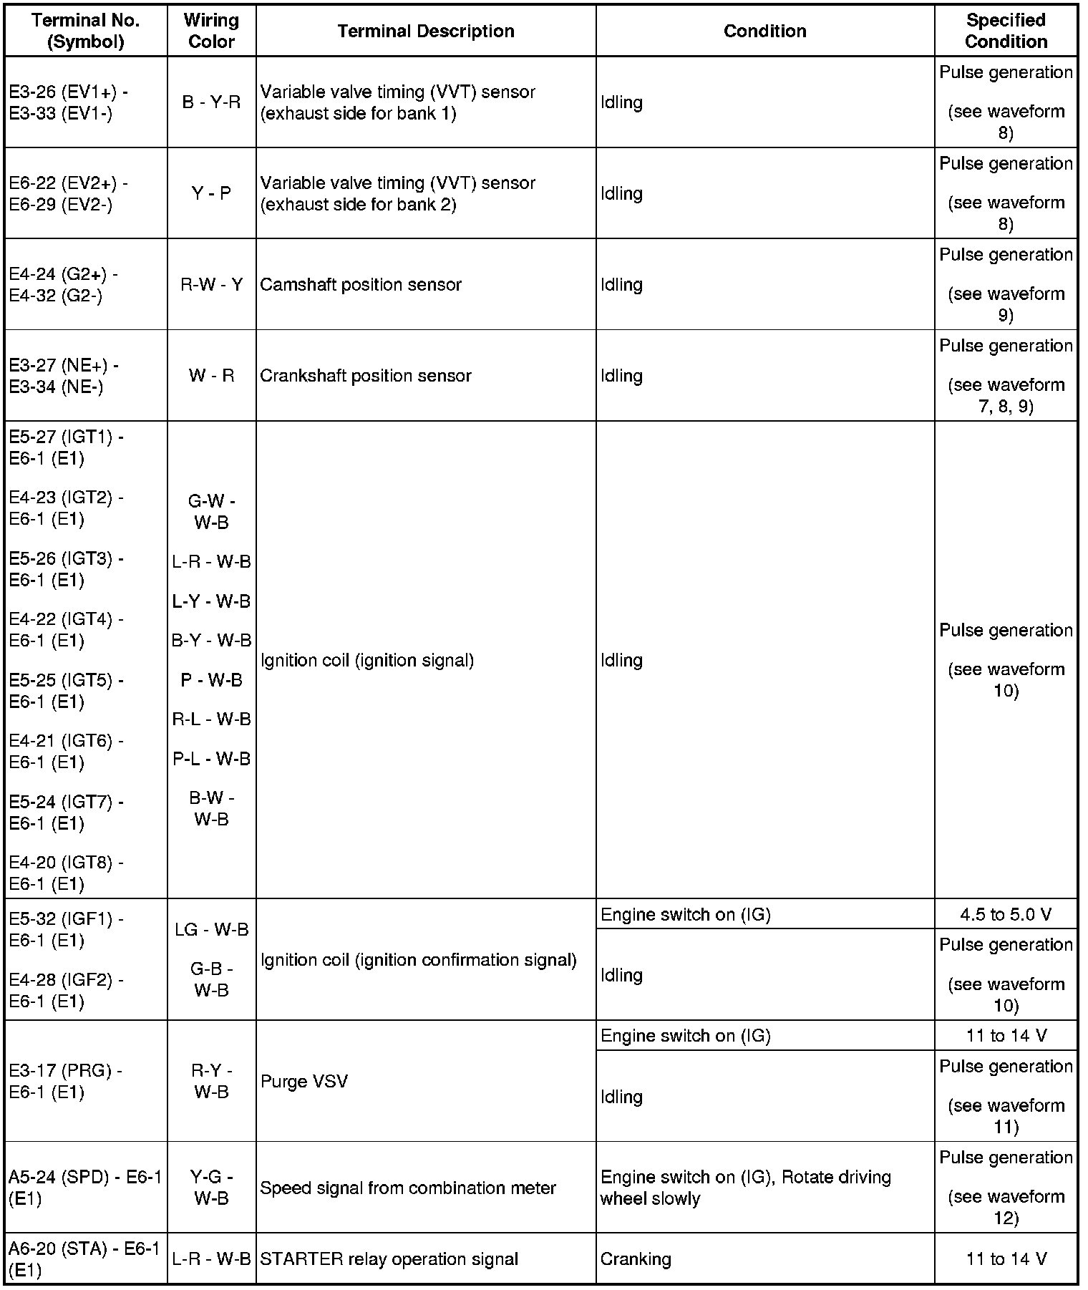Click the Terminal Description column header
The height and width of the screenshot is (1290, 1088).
425,31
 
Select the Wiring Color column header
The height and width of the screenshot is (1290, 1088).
211,31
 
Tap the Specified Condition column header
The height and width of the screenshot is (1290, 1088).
1005,31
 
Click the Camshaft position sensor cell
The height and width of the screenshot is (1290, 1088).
361,285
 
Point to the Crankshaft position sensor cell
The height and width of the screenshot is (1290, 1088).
366,376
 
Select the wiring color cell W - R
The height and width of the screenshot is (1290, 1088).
211,376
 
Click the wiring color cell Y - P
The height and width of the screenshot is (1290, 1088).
211,193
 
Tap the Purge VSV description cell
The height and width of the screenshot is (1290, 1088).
304,1081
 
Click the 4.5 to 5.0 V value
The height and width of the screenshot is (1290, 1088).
1005,914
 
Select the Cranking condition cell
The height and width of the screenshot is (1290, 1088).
636,1259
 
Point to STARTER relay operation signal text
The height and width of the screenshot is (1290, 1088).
389,1259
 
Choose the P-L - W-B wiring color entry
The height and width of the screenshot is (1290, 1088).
211,758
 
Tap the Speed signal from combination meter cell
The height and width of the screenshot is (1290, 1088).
408,1188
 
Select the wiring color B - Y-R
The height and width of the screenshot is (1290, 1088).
211,102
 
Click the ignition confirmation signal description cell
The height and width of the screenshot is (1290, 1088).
419,960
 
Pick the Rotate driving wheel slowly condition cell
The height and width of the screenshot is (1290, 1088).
745,1188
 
